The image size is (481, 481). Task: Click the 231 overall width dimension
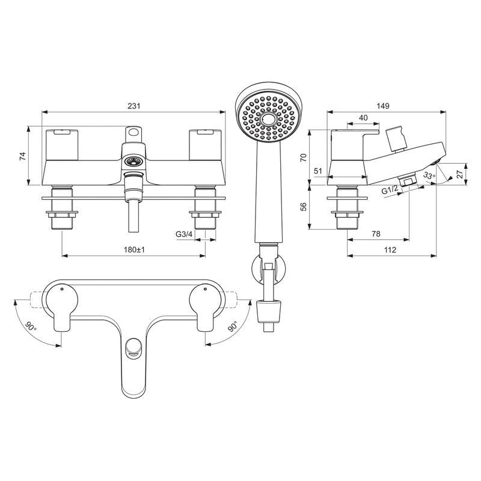134,106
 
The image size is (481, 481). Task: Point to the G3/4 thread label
183,234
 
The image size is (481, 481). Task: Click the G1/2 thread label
390,191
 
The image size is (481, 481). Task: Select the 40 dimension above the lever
364,118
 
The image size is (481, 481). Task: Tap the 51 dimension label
318,171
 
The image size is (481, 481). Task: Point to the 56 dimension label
304,206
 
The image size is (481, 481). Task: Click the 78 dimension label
376,234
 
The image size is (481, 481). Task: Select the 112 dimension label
390,250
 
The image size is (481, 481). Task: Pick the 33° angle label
428,176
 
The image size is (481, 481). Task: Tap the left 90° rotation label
31,326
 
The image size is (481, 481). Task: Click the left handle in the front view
62,142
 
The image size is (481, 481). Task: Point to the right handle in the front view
206,142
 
